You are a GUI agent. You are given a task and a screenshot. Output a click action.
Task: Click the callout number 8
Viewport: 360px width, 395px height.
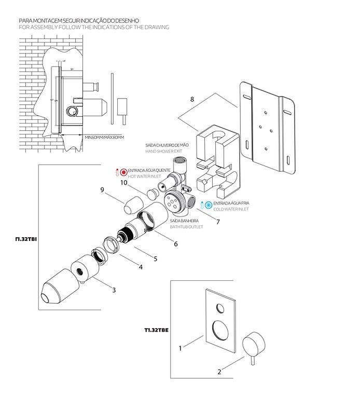193,98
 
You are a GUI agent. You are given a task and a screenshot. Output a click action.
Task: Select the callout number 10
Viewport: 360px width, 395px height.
124,182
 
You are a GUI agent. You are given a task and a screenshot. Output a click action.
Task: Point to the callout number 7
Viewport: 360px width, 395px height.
218,222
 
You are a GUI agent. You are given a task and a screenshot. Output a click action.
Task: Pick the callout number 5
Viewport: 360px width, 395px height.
155,258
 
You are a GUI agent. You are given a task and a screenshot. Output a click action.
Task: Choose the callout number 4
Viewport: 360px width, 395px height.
140,268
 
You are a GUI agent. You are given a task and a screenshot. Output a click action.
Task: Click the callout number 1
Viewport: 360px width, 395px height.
181,348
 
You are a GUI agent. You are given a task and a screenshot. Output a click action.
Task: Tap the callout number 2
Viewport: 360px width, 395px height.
219,372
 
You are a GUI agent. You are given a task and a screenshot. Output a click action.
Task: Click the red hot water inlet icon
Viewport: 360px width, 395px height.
124,172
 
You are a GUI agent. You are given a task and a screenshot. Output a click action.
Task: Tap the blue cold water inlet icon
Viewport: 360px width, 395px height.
209,204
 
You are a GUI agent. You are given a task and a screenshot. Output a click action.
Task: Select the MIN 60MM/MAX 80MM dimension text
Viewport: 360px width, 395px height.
105,137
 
